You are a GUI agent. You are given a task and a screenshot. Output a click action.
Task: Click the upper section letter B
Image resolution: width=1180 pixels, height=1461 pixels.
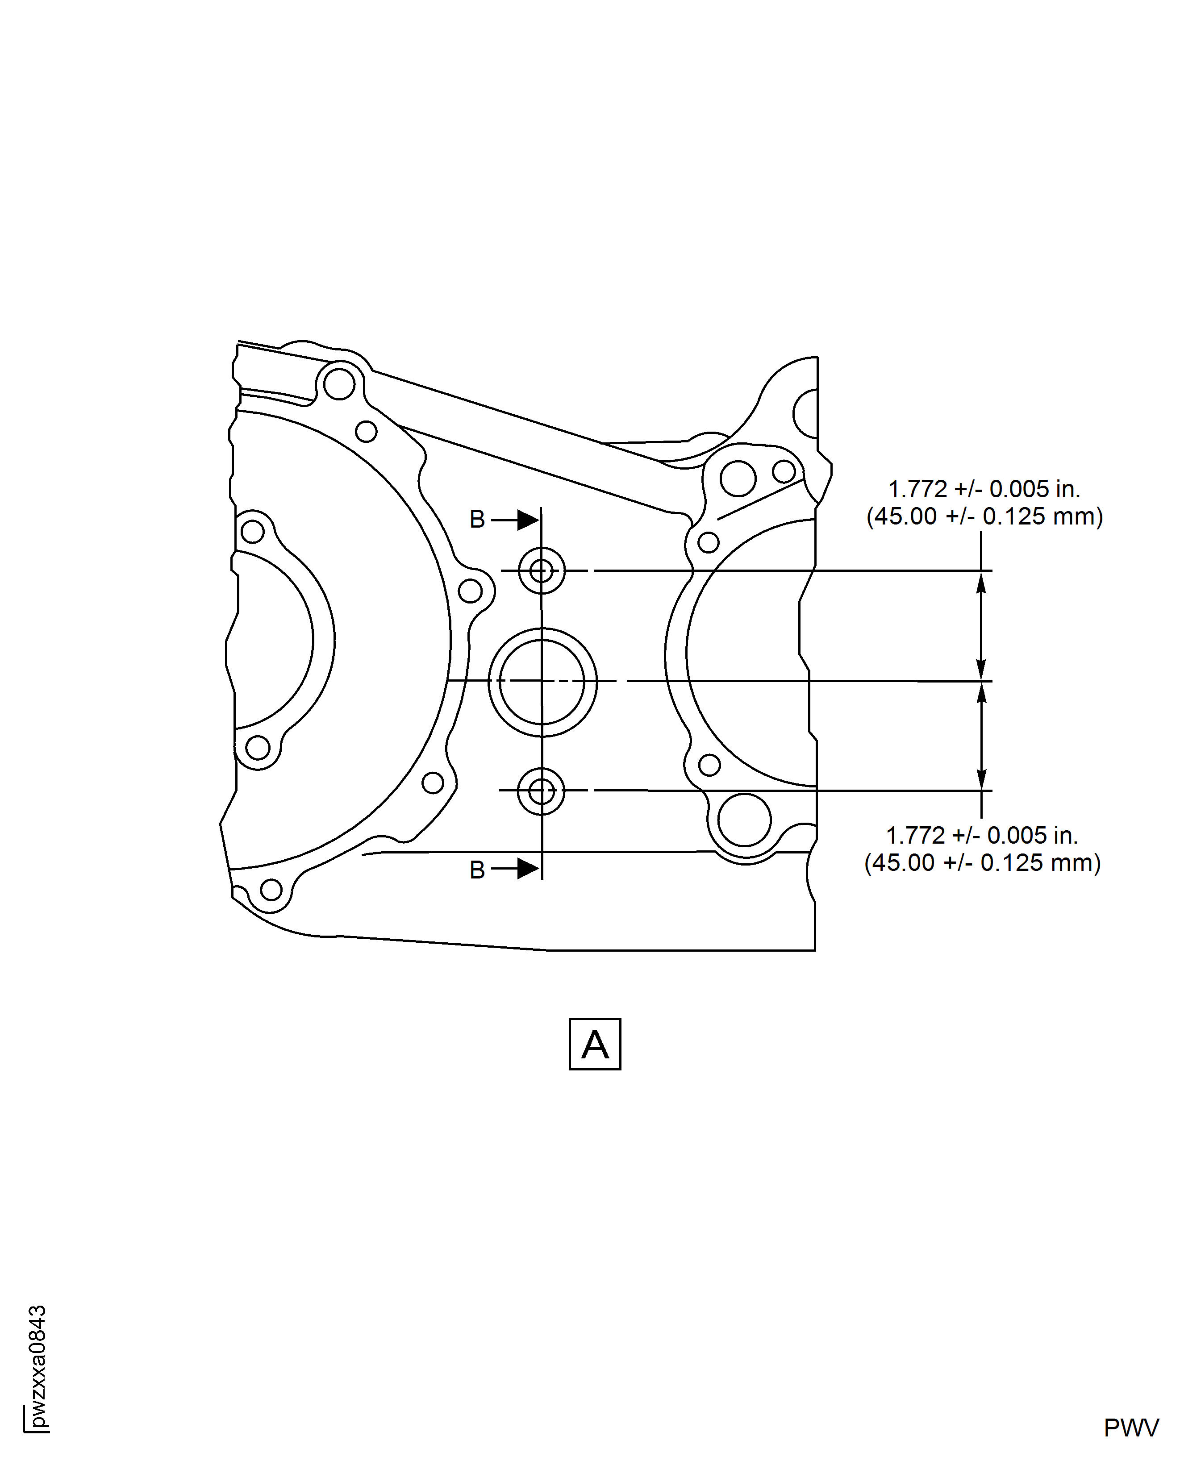point(477,520)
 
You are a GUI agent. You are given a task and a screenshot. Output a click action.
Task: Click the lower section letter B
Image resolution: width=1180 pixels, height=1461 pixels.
point(477,870)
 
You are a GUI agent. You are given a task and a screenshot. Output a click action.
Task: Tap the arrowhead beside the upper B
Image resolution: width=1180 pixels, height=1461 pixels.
point(528,520)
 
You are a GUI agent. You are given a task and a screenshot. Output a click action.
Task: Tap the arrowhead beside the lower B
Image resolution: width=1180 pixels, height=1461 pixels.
point(528,869)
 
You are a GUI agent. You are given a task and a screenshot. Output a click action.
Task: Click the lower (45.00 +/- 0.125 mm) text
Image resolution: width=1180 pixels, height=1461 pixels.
point(982,863)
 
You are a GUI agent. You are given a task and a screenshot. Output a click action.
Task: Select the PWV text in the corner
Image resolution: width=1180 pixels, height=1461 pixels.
point(1131,1428)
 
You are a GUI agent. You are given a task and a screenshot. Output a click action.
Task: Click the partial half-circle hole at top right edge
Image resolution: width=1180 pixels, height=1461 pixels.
point(795,413)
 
